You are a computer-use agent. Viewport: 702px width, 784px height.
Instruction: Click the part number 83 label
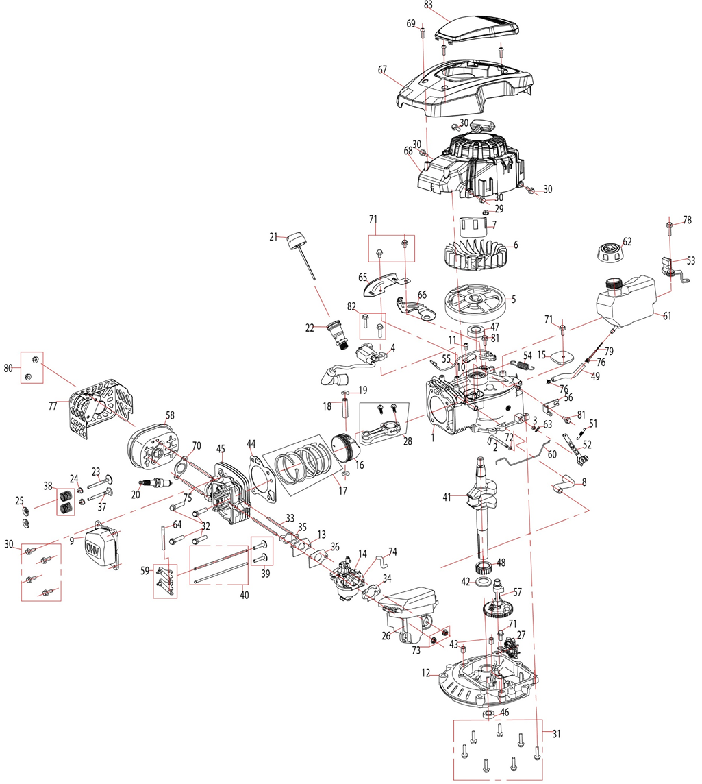point(448,4)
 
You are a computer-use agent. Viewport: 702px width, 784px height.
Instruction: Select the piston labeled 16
point(349,448)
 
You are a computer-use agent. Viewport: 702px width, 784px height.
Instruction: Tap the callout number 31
point(556,734)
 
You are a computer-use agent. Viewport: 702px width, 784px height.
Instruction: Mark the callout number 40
point(244,595)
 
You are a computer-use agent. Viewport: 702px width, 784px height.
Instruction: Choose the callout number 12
point(425,674)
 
